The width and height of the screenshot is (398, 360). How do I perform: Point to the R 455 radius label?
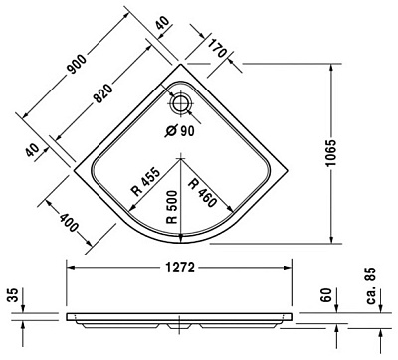click(144, 184)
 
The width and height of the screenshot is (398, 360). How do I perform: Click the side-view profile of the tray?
click(180, 321)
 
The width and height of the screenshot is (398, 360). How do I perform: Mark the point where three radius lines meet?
click(179, 158)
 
